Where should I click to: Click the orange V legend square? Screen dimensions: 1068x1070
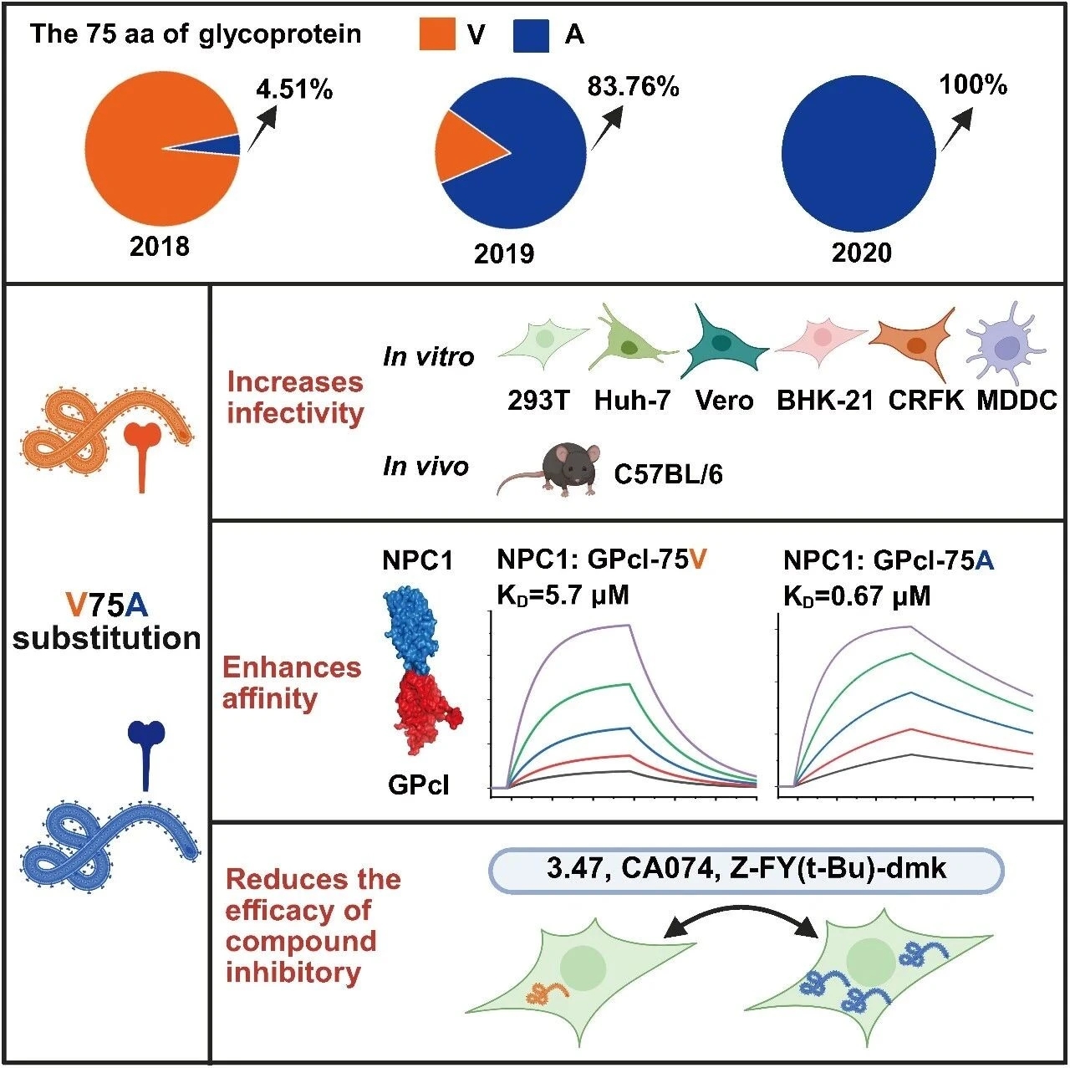[436, 35]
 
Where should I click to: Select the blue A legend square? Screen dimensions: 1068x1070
[531, 35]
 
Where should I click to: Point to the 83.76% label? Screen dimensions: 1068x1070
[633, 86]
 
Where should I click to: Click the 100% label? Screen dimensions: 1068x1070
[972, 84]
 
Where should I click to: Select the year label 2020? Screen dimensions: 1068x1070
[861, 252]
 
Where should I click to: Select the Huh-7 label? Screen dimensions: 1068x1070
[632, 401]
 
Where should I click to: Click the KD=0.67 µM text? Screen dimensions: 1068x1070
[856, 595]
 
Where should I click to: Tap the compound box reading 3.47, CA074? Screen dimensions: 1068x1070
[745, 869]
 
